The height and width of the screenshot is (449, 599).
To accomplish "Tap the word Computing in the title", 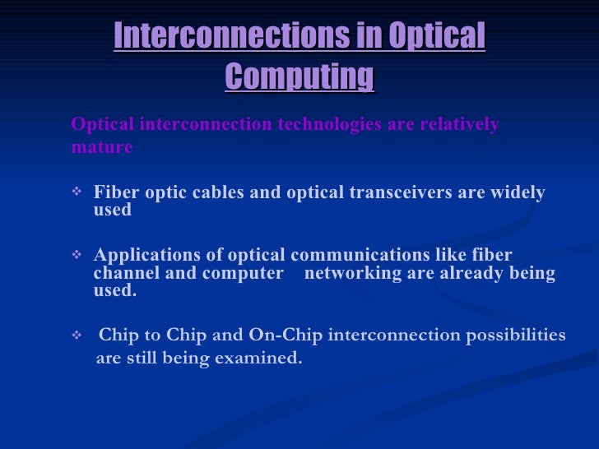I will tap(299, 76).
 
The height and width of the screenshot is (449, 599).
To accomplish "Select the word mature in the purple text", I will tap(102, 148).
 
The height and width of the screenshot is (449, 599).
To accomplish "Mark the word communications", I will tap(398, 255).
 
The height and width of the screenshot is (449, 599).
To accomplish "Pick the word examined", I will tap(261, 359).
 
